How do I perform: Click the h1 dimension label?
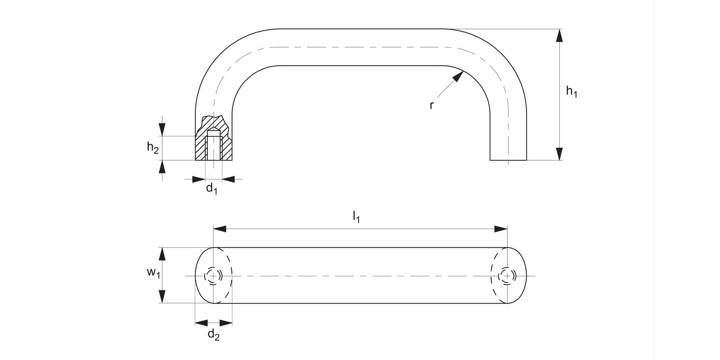pos(571,92)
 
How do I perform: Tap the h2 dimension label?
pos(153,148)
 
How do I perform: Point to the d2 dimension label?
pos(214,335)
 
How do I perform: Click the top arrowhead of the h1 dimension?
pos(559,35)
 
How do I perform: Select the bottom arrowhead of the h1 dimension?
pos(559,154)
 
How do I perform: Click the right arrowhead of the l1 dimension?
pos(502,229)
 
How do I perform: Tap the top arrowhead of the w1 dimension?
pos(163,253)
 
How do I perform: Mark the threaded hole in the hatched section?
pos(214,146)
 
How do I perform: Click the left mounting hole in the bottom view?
pos(213,276)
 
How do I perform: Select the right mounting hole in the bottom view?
pos(507,276)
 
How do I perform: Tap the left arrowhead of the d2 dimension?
pos(201,323)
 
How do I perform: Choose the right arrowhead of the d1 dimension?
pos(228,179)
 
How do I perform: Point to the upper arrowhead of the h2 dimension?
pos(162,130)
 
